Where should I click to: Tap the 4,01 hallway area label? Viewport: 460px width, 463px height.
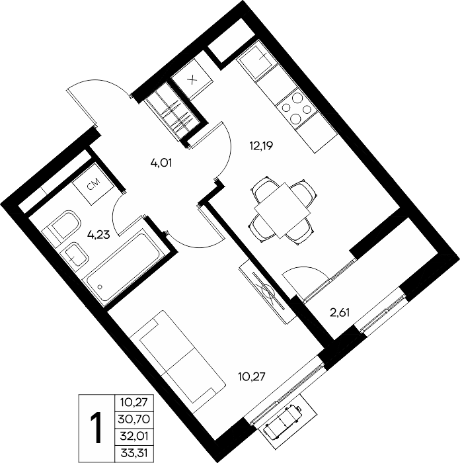coord(161,163)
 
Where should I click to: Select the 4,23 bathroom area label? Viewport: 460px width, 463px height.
coord(99,235)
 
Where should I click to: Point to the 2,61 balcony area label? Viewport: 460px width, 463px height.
coord(340,312)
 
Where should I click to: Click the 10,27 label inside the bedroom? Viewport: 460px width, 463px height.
coord(252,376)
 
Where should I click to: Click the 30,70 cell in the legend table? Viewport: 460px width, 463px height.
coord(134,419)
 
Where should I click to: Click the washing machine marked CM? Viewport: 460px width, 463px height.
coord(94,184)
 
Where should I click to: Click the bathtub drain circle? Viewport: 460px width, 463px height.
coord(100,286)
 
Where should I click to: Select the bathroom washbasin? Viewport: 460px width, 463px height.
coord(74,257)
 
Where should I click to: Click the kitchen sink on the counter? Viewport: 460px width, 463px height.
coord(256,61)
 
